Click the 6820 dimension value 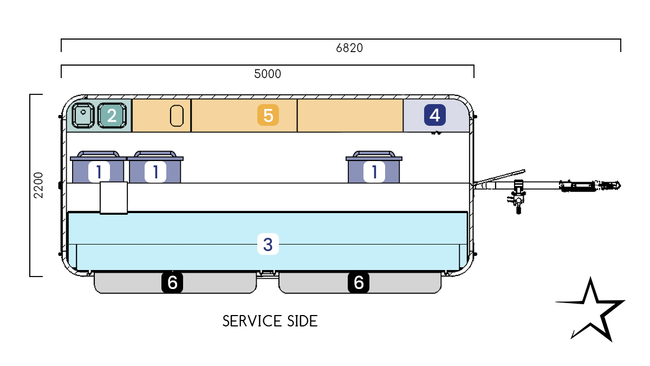click(349, 48)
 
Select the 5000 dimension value click(268, 74)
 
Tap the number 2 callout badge click(112, 115)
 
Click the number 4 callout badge click(434, 115)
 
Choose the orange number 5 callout click(268, 115)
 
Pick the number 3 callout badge click(268, 245)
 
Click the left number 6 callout click(172, 282)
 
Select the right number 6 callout click(359, 282)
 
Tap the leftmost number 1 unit click(99, 171)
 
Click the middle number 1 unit click(155, 171)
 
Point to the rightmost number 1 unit click(374, 171)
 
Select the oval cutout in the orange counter click(177, 115)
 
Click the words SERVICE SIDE click(270, 321)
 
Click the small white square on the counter click(114, 198)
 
